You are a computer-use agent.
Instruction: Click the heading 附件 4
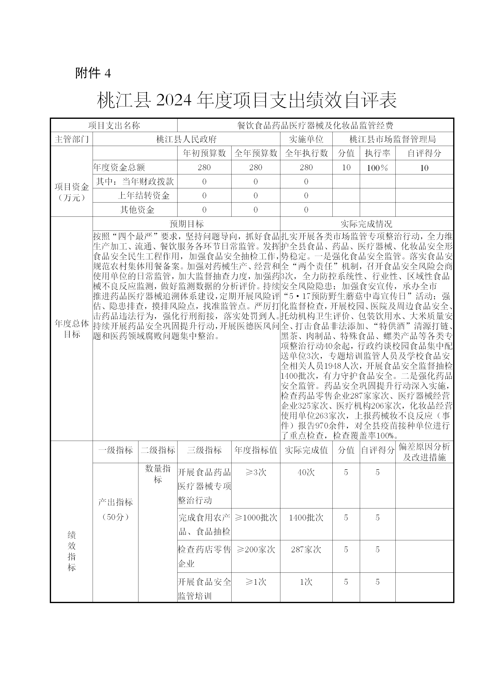[x=93, y=73]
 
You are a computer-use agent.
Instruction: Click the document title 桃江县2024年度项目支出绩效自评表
[x=247, y=100]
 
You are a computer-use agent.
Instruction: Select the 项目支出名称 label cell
[x=114, y=125]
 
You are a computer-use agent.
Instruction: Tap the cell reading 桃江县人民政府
[x=186, y=139]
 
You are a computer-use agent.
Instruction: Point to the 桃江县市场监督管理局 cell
[x=393, y=139]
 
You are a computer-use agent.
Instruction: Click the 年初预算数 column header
[x=204, y=153]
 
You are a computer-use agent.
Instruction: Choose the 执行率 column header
[x=377, y=153]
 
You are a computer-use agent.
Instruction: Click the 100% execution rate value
[x=377, y=167]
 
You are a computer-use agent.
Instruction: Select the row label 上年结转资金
[x=143, y=196]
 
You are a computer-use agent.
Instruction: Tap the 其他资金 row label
[x=137, y=210]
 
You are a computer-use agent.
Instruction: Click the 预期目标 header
[x=186, y=224]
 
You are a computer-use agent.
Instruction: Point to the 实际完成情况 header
[x=367, y=224]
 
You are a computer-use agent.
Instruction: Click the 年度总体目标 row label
[x=71, y=329]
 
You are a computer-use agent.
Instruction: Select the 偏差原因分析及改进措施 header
[x=424, y=452]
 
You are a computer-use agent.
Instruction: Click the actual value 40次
[x=306, y=472]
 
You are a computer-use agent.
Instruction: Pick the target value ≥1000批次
[x=256, y=518]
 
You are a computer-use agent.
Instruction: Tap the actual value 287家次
[x=306, y=550]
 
